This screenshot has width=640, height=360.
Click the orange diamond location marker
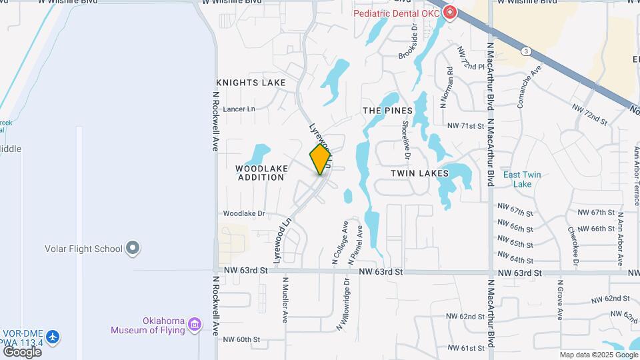point(320,159)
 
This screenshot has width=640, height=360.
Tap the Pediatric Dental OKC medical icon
point(450,13)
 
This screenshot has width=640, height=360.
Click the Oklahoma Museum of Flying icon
point(195,324)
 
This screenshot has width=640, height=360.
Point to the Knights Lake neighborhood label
point(251,83)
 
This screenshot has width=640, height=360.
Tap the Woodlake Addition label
point(261,173)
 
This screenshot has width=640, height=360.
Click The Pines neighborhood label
point(387,110)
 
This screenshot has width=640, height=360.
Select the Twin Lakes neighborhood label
point(419,173)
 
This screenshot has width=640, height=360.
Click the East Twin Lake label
point(522,179)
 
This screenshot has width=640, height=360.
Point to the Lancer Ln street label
point(239,109)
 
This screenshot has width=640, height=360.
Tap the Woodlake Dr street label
point(244,214)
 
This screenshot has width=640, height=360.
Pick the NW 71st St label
point(464,125)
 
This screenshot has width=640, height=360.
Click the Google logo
point(22,351)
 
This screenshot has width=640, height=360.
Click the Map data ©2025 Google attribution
point(598,355)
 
